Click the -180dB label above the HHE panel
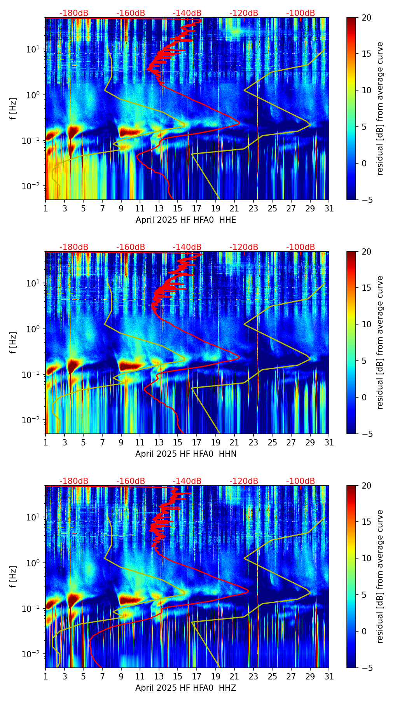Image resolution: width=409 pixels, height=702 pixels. (74, 13)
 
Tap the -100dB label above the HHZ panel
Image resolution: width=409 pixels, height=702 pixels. (301, 481)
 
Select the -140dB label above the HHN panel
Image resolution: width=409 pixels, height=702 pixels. (187, 247)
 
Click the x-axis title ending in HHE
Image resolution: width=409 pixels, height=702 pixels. (186, 220)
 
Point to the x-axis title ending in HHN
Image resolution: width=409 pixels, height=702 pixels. (186, 454)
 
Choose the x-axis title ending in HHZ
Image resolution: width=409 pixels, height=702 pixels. (186, 688)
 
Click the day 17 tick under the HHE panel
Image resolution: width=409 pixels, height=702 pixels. (197, 209)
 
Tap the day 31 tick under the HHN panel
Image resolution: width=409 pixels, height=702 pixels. (329, 443)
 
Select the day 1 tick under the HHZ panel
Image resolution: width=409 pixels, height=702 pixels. (45, 677)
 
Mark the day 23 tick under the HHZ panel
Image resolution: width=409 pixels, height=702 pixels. (253, 677)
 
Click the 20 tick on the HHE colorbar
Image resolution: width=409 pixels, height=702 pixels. (366, 17)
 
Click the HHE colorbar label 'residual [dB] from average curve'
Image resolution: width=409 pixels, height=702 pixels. (380, 108)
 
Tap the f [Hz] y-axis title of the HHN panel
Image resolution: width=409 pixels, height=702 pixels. (13, 342)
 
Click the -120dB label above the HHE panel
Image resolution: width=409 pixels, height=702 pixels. (244, 13)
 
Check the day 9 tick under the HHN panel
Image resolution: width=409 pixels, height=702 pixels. (121, 443)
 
